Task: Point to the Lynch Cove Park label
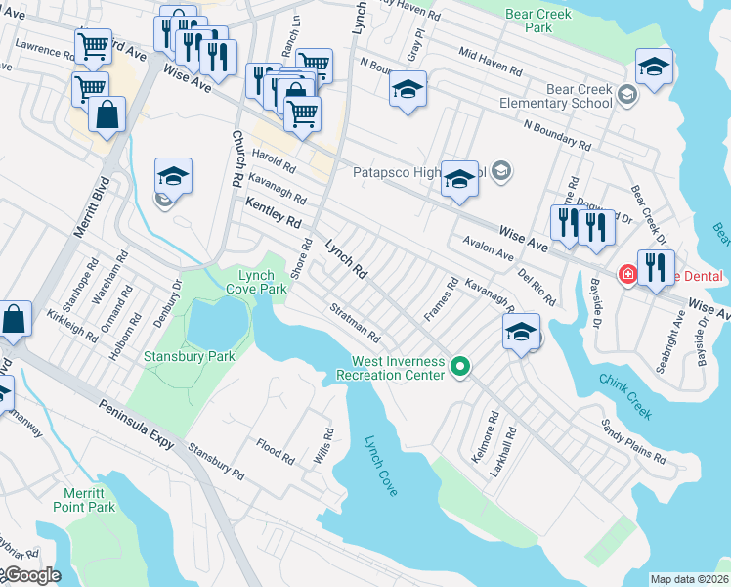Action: [256, 282]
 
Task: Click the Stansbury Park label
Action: [190, 357]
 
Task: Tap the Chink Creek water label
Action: [624, 394]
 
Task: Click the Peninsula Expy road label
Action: [135, 424]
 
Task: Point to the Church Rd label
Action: [236, 158]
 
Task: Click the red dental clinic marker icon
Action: [626, 276]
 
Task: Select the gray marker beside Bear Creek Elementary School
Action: [626, 95]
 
